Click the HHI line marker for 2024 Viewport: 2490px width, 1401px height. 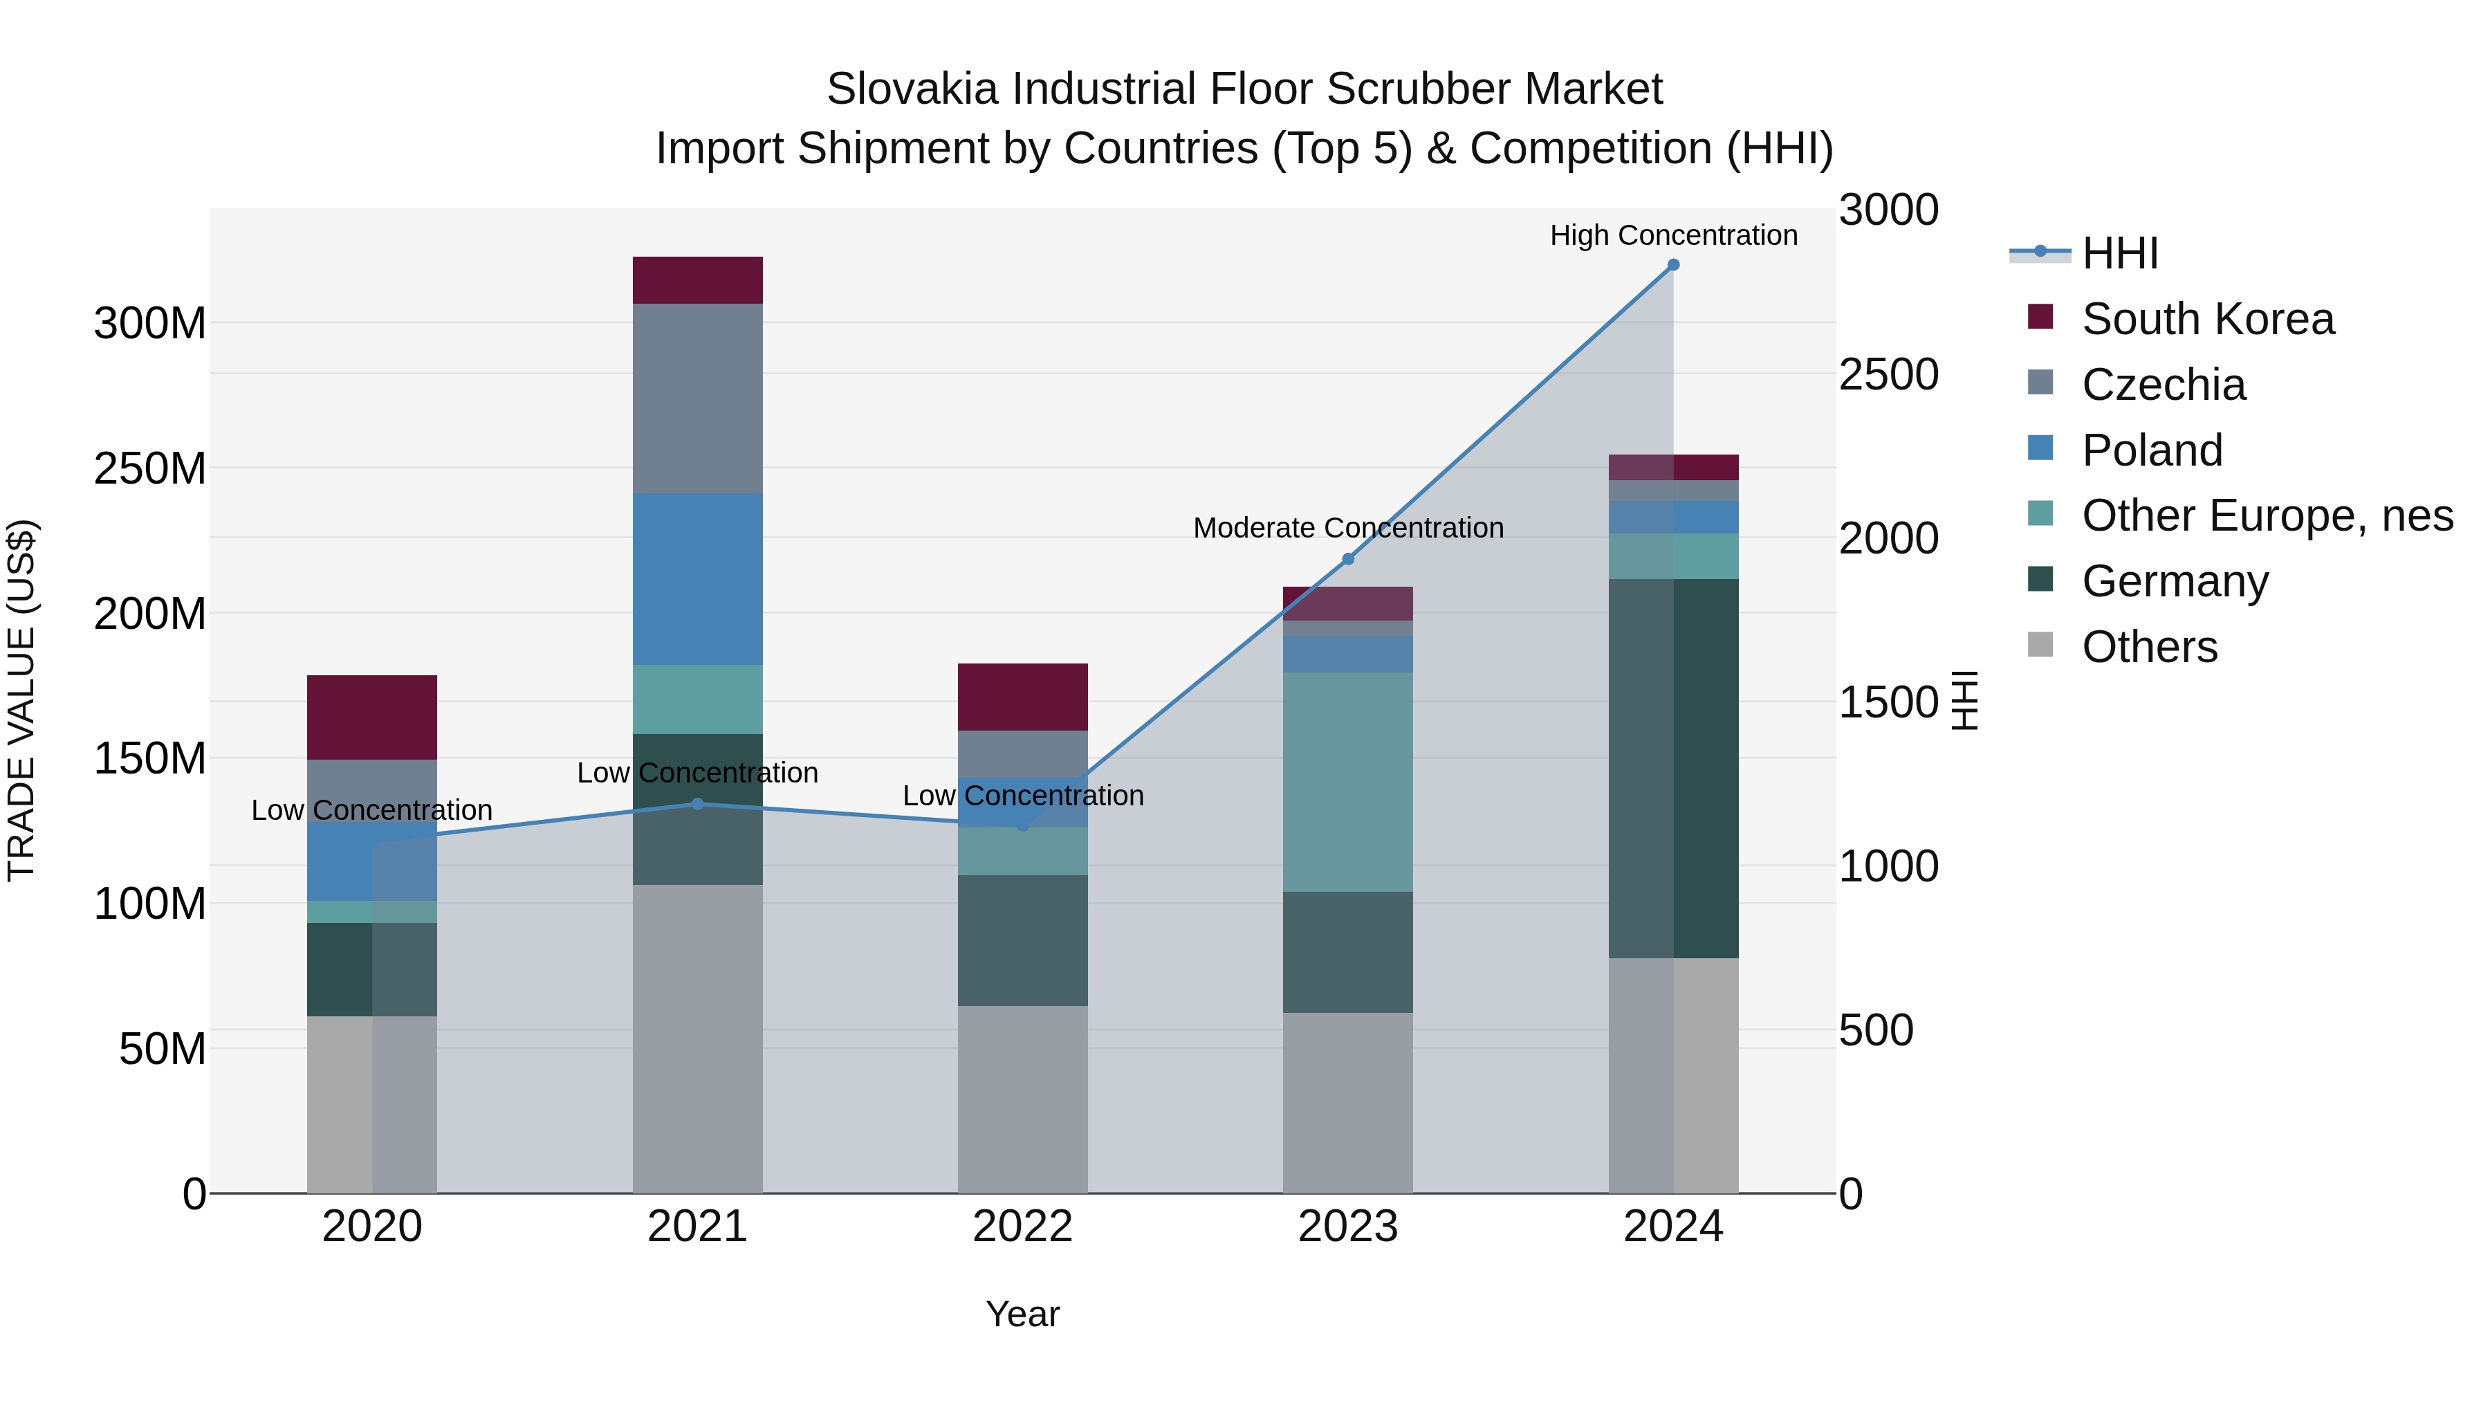[1673, 265]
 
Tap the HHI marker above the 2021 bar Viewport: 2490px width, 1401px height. [697, 803]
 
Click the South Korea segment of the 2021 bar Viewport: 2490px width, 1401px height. [697, 280]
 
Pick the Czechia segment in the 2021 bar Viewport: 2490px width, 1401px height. [697, 399]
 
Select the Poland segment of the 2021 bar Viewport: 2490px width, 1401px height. [697, 578]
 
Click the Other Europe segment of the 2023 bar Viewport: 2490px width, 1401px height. [1347, 781]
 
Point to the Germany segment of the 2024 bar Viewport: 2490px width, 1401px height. [1673, 768]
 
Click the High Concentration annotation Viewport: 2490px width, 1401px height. [1673, 235]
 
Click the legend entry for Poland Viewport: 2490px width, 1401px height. [2152, 450]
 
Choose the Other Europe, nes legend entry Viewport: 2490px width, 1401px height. [2267, 515]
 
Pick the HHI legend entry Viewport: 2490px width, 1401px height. [2120, 253]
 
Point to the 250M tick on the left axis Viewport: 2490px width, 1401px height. [150, 469]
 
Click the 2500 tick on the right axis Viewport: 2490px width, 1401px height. [1888, 374]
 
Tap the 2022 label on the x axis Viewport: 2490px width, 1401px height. [1023, 1227]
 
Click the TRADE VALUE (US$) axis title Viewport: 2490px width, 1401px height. [21, 700]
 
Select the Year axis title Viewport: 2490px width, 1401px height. [1023, 1314]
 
